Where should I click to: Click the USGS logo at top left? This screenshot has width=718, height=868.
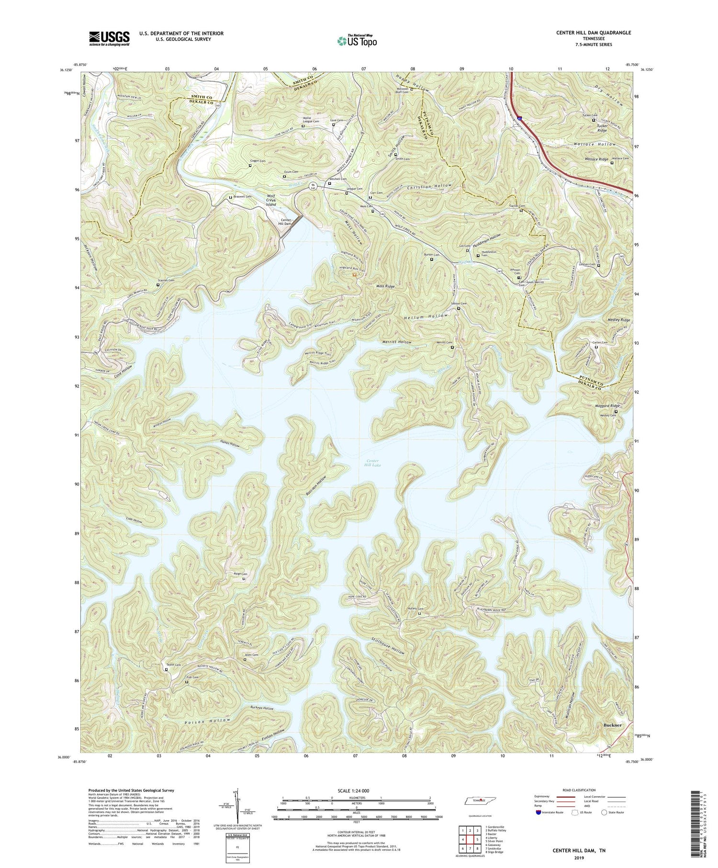[109, 38]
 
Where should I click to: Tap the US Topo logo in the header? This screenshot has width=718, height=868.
[357, 41]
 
